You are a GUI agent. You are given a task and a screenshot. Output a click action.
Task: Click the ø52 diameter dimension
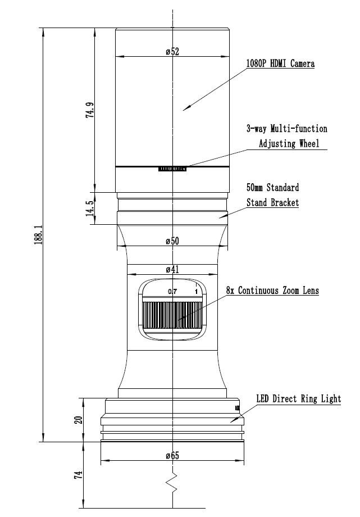click(172, 52)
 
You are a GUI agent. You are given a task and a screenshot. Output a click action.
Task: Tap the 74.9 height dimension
click(90, 110)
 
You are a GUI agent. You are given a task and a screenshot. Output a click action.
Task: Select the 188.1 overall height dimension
click(39, 235)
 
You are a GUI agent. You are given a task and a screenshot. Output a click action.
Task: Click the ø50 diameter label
click(172, 241)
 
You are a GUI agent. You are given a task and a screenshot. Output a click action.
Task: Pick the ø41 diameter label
click(172, 270)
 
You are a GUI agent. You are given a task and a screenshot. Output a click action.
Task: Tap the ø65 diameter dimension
click(172, 456)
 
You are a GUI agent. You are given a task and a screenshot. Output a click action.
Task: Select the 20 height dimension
click(79, 420)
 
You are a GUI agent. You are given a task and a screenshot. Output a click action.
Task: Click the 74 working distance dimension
click(79, 475)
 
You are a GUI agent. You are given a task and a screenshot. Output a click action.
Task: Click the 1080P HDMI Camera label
click(281, 64)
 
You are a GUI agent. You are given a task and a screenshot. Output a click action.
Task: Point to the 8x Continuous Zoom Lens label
click(272, 291)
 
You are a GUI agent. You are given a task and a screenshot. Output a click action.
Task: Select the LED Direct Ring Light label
click(299, 398)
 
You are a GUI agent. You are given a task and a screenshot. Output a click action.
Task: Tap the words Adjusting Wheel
click(289, 143)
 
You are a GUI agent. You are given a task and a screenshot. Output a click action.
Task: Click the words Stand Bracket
click(272, 202)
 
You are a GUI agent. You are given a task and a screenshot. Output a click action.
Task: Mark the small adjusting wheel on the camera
click(172, 169)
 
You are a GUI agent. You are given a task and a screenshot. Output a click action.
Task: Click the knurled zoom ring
click(172, 315)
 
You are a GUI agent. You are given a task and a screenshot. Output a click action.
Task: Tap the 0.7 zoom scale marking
click(172, 292)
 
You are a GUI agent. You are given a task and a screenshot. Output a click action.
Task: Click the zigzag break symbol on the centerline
click(173, 483)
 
